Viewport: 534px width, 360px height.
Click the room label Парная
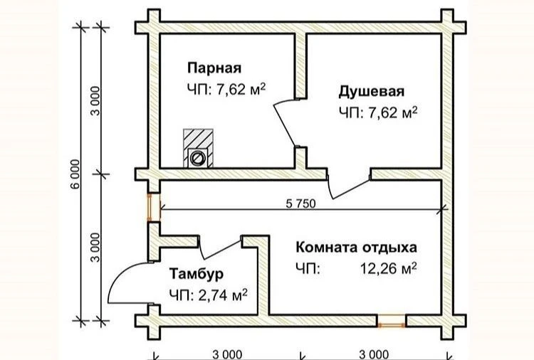click(214, 68)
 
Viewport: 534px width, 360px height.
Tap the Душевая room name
click(372, 92)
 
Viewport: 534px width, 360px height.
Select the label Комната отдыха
click(356, 248)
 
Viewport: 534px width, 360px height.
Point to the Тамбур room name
click(197, 274)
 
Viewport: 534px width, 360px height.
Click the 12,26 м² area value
click(389, 269)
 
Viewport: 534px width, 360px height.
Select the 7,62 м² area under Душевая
click(392, 112)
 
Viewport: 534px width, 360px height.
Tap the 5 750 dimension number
click(300, 203)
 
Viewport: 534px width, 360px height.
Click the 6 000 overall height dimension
click(75, 174)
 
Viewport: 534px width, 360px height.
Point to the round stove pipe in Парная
click(197, 158)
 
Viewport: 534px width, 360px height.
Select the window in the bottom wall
click(392, 321)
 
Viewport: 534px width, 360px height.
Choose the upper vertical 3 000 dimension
click(96, 101)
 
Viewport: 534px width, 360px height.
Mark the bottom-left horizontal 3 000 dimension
click(228, 355)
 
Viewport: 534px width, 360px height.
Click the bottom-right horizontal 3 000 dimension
click(374, 355)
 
